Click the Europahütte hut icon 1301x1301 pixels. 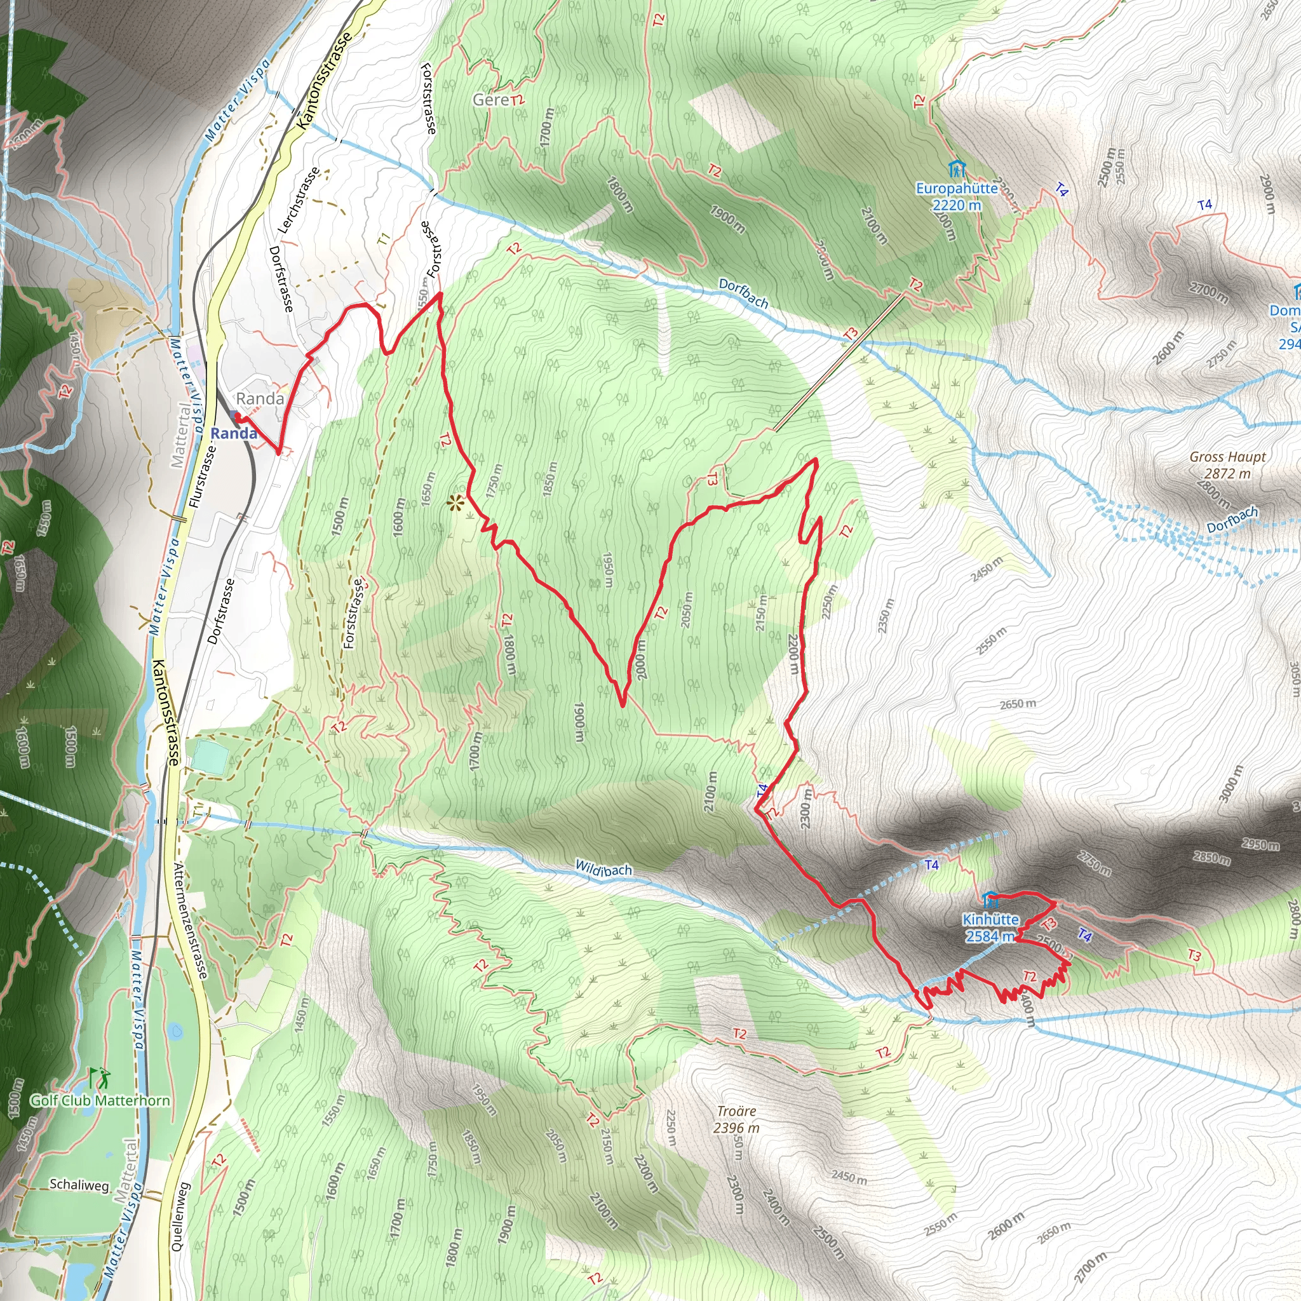pos(955,168)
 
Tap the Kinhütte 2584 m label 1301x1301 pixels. pos(990,927)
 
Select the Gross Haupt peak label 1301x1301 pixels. pos(1227,464)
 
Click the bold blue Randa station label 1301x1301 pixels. pos(234,433)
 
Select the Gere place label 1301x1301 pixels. pos(491,100)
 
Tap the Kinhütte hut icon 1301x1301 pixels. pos(990,899)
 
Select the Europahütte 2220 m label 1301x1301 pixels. pos(956,197)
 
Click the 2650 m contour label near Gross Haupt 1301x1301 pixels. pos(1018,704)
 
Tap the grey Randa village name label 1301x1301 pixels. pos(260,399)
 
